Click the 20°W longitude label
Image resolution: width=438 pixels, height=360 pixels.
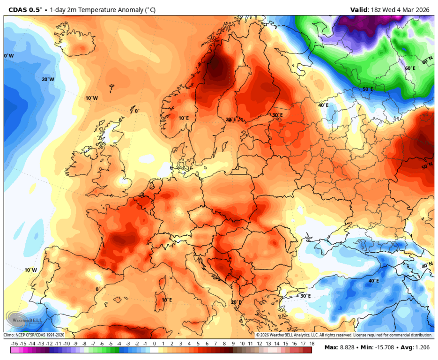click(x=48, y=79)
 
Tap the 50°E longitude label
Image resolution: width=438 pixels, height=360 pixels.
click(x=368, y=89)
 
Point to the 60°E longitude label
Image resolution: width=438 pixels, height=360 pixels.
click(x=410, y=68)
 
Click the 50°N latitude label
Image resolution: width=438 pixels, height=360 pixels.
click(x=427, y=167)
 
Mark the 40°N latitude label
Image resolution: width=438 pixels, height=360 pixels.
click(x=427, y=266)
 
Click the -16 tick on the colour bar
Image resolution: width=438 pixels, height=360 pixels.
click(x=14, y=344)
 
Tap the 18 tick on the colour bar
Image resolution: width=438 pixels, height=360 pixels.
click(x=311, y=344)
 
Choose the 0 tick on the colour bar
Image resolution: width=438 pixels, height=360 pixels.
click(x=154, y=344)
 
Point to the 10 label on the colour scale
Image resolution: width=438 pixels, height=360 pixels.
click(x=242, y=344)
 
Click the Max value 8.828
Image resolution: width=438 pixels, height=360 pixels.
click(x=348, y=347)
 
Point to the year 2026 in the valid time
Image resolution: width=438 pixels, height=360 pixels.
click(x=422, y=9)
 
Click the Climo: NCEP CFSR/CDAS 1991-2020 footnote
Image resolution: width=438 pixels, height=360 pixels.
click(x=34, y=335)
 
